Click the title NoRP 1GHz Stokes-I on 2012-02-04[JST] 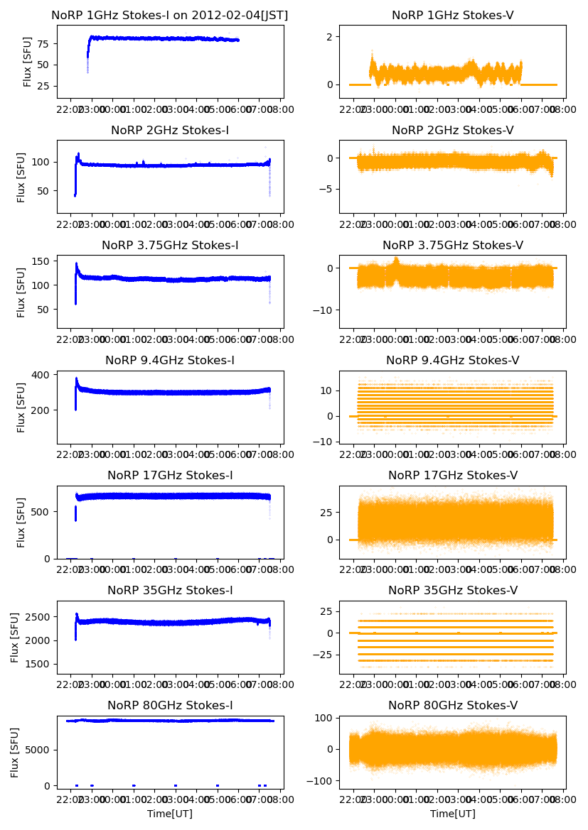[170, 15]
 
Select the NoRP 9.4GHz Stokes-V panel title [452, 361]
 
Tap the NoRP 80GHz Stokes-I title [170, 706]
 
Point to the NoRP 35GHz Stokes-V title [452, 591]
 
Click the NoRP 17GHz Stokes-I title [170, 476]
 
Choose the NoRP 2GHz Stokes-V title [452, 131]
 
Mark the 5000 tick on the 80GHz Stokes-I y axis [38, 750]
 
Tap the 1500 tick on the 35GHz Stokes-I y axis [38, 665]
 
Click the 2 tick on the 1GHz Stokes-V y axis [330, 36]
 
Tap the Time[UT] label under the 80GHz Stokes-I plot [170, 814]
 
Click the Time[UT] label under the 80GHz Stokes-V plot [452, 814]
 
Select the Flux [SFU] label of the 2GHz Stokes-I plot [22, 176]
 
